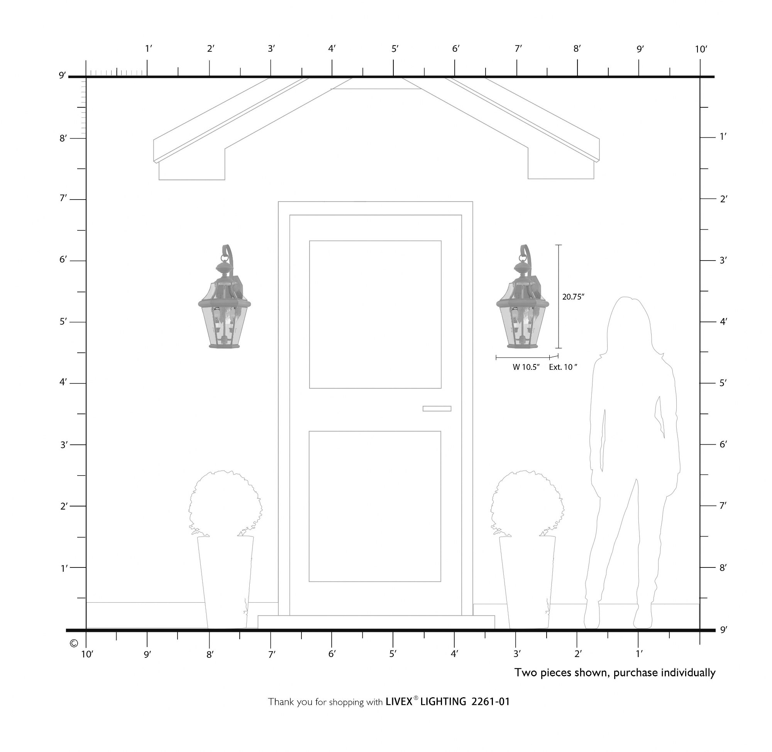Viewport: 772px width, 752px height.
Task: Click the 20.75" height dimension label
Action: (x=573, y=297)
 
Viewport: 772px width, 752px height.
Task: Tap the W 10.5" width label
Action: (x=526, y=367)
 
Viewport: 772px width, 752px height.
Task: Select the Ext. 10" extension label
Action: (x=563, y=367)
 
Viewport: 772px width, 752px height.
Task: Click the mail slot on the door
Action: (x=437, y=408)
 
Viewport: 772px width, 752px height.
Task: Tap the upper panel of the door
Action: (x=375, y=314)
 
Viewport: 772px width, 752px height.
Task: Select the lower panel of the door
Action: (x=375, y=506)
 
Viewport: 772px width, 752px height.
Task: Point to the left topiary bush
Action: (x=225, y=503)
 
